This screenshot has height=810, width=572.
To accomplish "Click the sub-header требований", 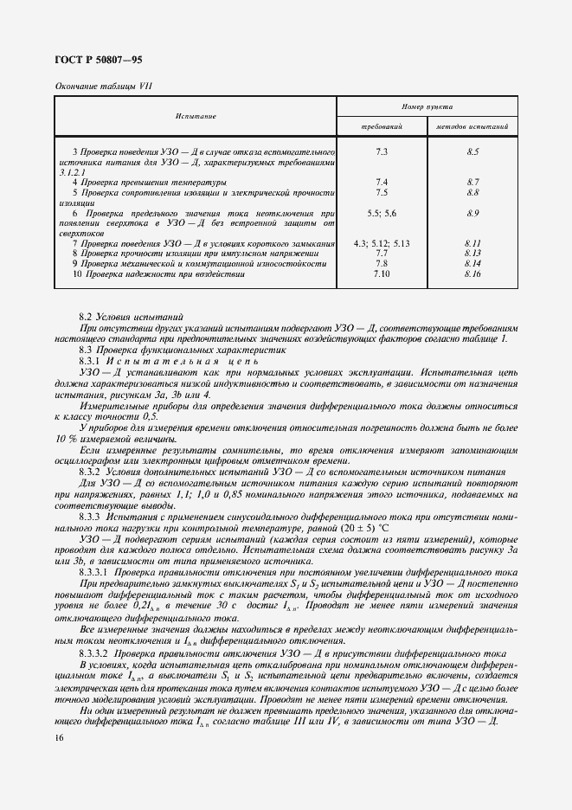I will click(382, 126).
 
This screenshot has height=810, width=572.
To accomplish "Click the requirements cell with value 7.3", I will click(382, 152).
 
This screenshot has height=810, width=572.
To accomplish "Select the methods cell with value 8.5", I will click(472, 152).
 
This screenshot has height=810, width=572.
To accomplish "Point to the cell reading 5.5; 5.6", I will click(382, 213).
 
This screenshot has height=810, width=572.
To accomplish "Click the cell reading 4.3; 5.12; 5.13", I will click(382, 243).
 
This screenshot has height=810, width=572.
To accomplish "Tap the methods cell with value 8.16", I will click(472, 273).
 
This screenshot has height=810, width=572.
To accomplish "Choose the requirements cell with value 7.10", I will click(382, 273).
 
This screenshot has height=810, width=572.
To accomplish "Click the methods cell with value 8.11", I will click(472, 243).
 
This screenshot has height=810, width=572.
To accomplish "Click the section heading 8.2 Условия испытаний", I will click(131, 318).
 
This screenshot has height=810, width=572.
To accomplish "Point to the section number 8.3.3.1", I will click(93, 573).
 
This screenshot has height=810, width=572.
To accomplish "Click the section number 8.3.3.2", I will click(93, 652).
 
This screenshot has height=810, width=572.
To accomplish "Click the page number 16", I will click(58, 737).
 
